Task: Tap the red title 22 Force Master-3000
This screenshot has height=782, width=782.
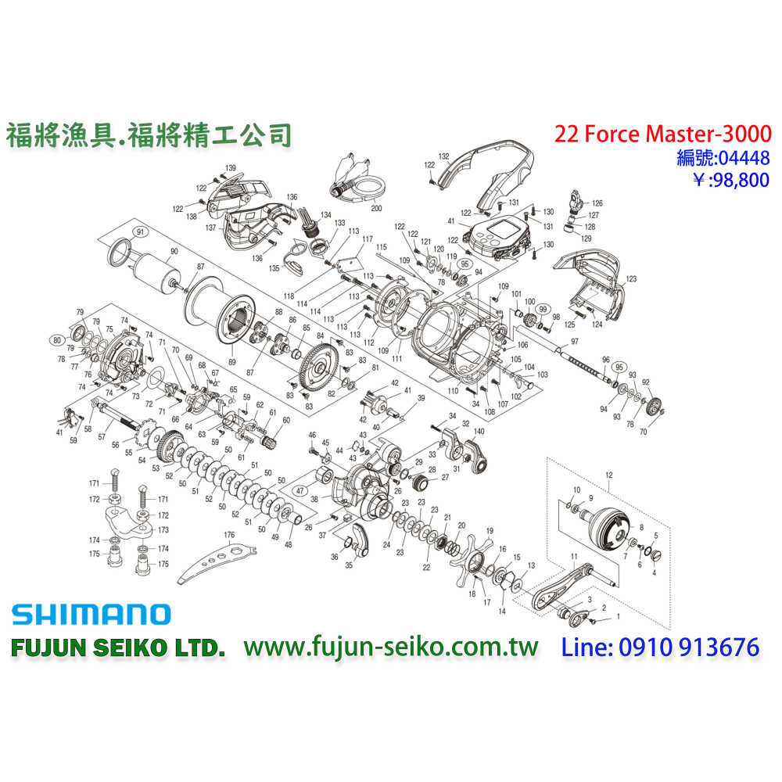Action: pyautogui.click(x=662, y=134)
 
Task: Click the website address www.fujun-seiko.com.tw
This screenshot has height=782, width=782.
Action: pyautogui.click(x=391, y=647)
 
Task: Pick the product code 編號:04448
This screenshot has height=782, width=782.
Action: pyautogui.click(x=723, y=158)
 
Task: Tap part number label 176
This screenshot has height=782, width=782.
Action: pyautogui.click(x=229, y=536)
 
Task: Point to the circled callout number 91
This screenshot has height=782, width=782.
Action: pyautogui.click(x=141, y=231)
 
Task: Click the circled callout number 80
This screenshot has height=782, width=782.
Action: pyautogui.click(x=57, y=340)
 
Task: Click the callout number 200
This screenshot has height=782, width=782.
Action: pyautogui.click(x=376, y=210)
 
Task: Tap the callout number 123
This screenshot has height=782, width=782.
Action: pyautogui.click(x=632, y=278)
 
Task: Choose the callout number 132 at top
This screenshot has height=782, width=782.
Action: pyautogui.click(x=444, y=156)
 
